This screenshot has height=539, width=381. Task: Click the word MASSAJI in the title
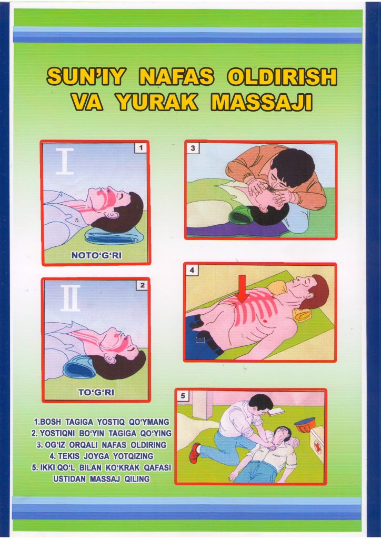(x=262, y=102)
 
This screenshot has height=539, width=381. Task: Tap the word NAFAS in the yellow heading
(x=176, y=77)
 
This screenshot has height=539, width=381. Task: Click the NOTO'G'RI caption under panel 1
(x=96, y=255)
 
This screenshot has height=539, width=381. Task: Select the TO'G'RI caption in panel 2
(x=96, y=392)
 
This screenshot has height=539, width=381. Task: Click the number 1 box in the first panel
(x=141, y=148)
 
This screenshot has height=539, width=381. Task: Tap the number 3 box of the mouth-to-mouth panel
(x=193, y=148)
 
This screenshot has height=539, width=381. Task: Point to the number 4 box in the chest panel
(x=192, y=270)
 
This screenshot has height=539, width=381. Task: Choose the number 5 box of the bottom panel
(x=183, y=396)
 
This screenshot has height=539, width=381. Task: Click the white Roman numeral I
(x=65, y=161)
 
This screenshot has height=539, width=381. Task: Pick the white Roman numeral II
(x=70, y=298)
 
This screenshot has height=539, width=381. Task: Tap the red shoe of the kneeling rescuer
(x=195, y=452)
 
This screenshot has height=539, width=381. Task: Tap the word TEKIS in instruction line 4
(x=69, y=456)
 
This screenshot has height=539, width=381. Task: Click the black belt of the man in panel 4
(x=208, y=338)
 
